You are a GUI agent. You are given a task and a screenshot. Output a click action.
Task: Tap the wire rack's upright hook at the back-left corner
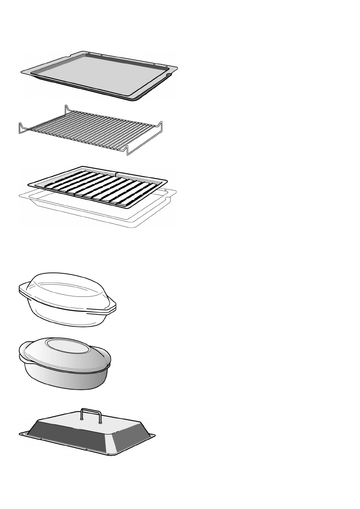(x=66, y=109)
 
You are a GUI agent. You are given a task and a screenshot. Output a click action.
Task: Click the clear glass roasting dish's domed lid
(x=68, y=287)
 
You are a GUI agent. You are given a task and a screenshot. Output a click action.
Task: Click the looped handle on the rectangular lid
(x=91, y=414)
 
